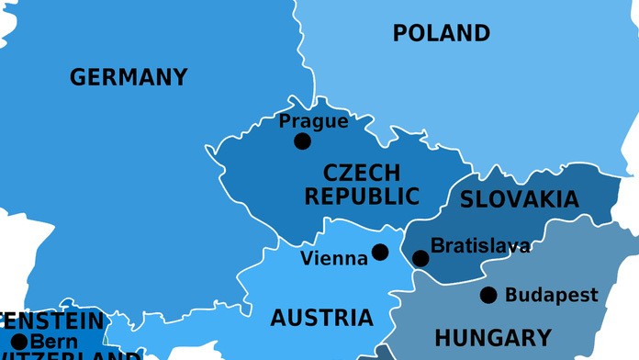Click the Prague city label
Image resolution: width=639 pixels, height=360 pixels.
pyautogui.click(x=313, y=121)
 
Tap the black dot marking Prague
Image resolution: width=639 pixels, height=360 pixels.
pyautogui.click(x=302, y=141)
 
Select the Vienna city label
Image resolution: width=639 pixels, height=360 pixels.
pyautogui.click(x=334, y=259)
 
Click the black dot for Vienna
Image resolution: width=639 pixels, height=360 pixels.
pyautogui.click(x=380, y=252)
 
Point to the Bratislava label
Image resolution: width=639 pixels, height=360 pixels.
pyautogui.click(x=480, y=246)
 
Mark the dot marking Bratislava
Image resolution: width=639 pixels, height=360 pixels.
pyautogui.click(x=420, y=258)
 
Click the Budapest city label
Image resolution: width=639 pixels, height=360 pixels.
pyautogui.click(x=551, y=296)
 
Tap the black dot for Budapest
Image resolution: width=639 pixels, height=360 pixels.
pyautogui.click(x=488, y=295)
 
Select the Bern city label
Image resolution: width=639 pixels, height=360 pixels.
pyautogui.click(x=54, y=342)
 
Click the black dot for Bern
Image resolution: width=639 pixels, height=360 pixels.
pyautogui.click(x=18, y=342)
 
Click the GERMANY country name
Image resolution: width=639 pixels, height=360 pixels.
pyautogui.click(x=129, y=77)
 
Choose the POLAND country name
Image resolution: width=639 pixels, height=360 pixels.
pyautogui.click(x=442, y=34)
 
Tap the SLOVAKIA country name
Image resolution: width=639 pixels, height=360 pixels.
pyautogui.click(x=519, y=199)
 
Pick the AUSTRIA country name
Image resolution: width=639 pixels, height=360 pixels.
pyautogui.click(x=321, y=319)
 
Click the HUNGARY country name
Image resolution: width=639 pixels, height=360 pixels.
pyautogui.click(x=493, y=338)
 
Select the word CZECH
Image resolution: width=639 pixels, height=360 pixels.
pyautogui.click(x=362, y=173)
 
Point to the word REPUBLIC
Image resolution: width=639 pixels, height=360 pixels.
pyautogui.click(x=362, y=196)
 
